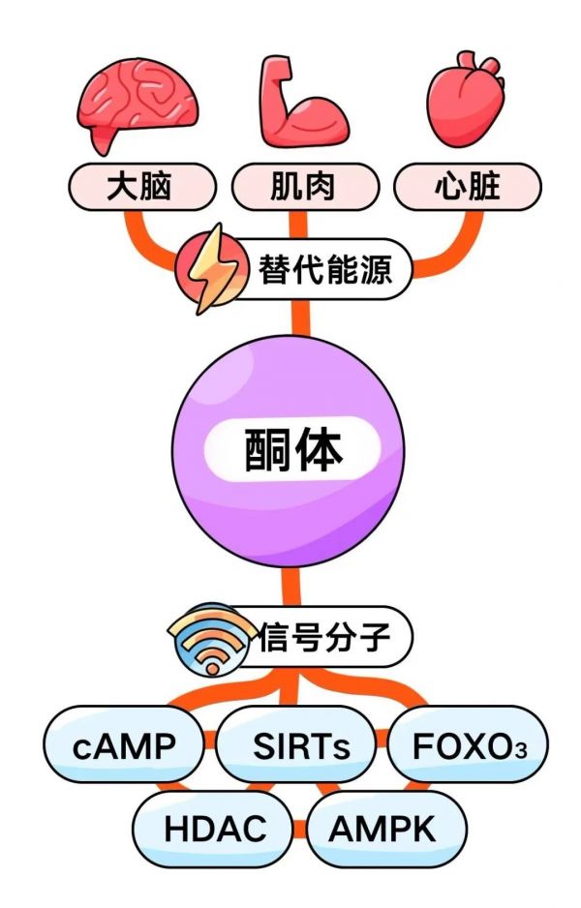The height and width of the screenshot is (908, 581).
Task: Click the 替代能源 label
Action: tap(324, 269)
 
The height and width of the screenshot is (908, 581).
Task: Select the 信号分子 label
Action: tap(324, 638)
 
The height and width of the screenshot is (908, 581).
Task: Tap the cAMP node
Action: tap(123, 745)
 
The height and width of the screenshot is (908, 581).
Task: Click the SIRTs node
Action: tap(299, 745)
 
